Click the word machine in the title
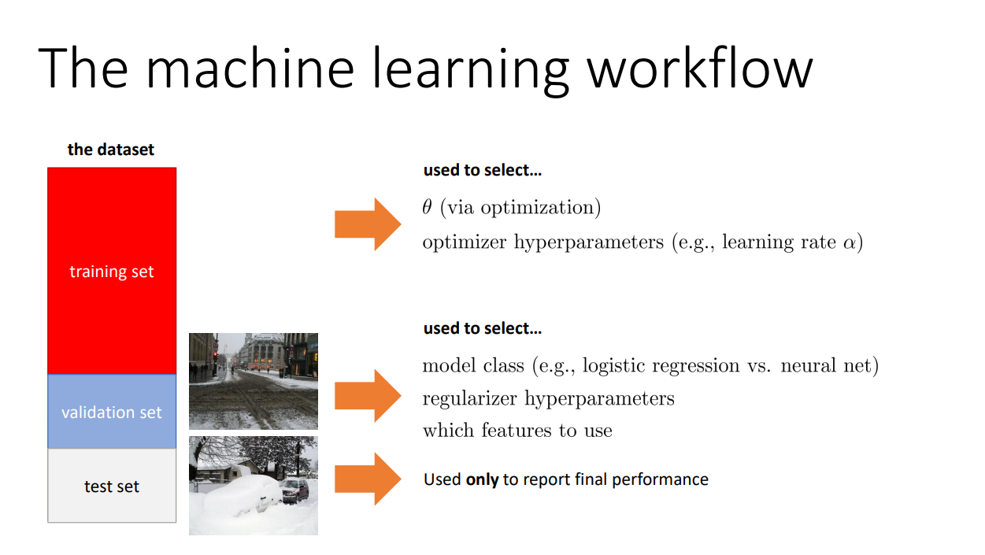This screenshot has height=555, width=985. point(250,68)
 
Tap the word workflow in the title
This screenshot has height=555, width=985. point(700,68)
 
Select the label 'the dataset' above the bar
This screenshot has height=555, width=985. point(111,150)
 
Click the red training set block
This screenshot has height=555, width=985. point(112,271)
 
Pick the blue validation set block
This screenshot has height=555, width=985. point(112,411)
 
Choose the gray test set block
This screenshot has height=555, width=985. point(112,486)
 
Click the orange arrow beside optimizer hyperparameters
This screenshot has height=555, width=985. point(368,224)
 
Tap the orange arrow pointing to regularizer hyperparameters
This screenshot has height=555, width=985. point(368,396)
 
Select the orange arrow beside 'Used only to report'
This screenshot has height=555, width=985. point(368,479)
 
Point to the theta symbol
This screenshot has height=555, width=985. point(427,207)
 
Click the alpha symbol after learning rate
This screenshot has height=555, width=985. point(850,242)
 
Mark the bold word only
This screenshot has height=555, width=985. point(482,479)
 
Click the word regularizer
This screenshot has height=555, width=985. point(469,399)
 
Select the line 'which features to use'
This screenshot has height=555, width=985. point(517,430)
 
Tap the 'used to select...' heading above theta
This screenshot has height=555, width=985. point(483,170)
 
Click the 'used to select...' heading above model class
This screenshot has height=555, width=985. point(483,328)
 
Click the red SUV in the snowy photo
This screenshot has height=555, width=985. point(294,490)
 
